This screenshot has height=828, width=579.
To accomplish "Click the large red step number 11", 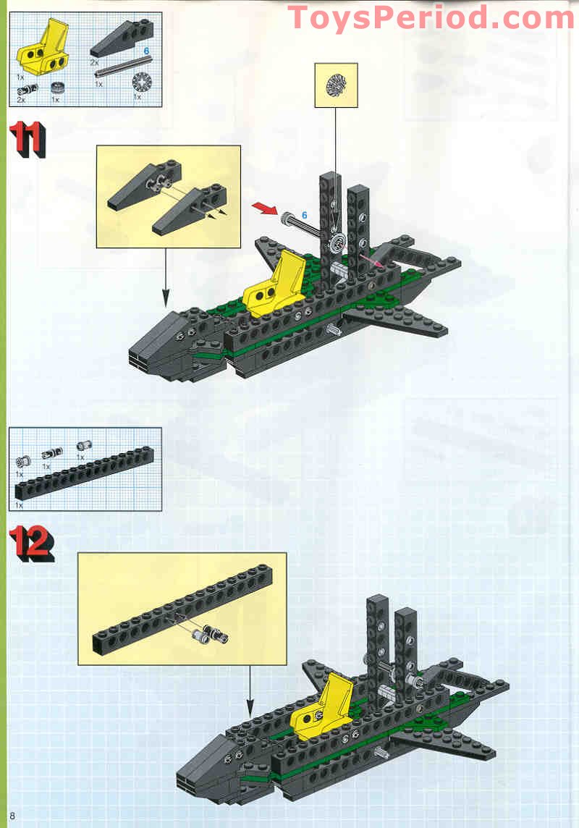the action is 28,140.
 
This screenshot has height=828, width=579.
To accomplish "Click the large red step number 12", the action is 32,544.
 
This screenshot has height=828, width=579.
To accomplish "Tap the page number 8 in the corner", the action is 12,816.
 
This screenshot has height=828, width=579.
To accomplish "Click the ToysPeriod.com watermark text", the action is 431,17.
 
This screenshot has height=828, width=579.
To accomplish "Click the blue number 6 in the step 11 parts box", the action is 146,51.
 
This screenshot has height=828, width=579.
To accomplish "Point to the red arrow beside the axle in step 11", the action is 264,208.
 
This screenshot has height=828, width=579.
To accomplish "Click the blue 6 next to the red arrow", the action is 305,216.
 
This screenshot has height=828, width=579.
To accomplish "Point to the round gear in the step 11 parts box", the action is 141,83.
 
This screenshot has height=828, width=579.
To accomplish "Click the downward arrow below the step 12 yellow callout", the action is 250,691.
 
